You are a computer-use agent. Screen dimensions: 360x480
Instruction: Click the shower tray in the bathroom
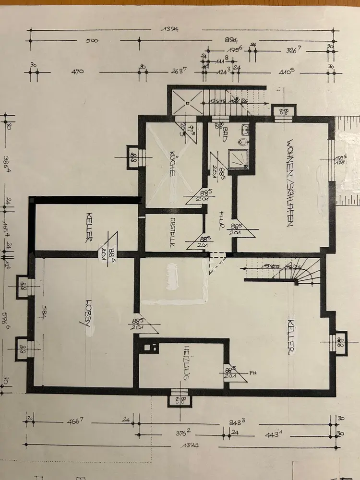click(x=237, y=158)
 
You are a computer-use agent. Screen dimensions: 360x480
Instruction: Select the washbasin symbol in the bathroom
click(x=245, y=129)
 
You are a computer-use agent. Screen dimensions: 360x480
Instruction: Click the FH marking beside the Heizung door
click(x=252, y=372)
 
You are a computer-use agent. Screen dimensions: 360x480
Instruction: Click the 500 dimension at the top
click(x=92, y=41)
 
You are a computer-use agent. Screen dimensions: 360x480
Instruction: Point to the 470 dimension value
click(x=77, y=72)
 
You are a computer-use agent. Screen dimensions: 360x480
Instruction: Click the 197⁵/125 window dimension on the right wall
click(x=340, y=160)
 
